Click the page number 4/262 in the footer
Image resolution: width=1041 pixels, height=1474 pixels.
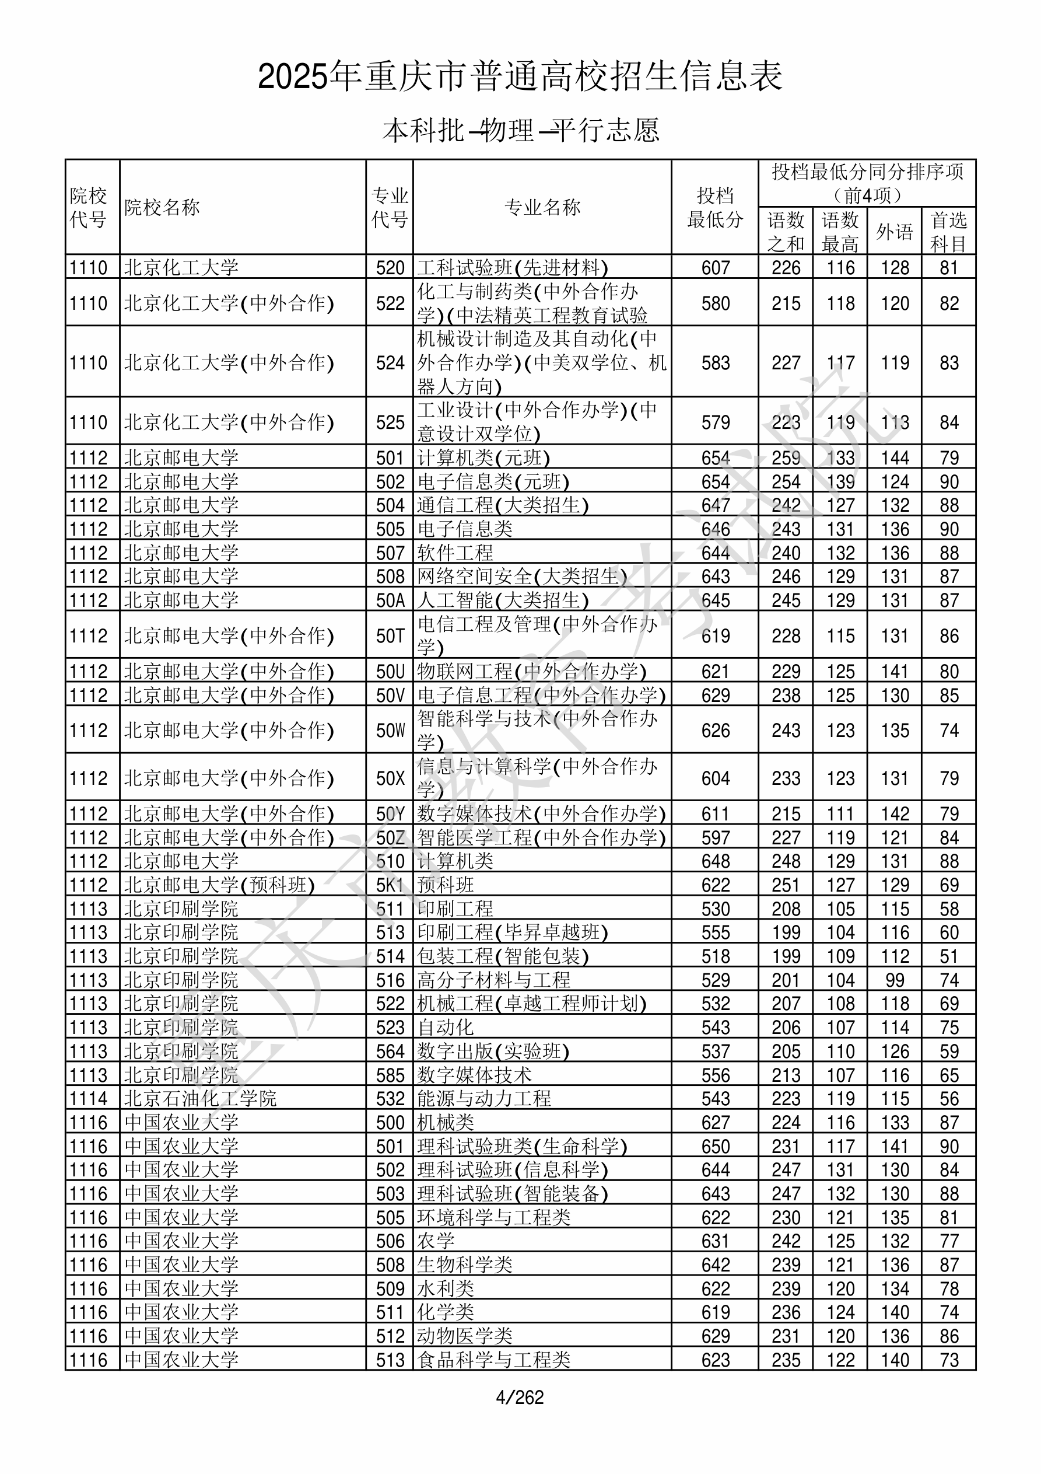pos(520,1397)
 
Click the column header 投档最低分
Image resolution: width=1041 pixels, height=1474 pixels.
pos(714,207)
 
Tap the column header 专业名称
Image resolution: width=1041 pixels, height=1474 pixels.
pos(542,207)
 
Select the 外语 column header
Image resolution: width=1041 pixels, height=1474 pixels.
pos(894,232)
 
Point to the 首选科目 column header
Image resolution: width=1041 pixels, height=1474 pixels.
pos(949,232)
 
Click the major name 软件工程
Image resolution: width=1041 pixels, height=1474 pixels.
pos(455,553)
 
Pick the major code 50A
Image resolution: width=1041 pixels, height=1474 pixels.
pos(390,600)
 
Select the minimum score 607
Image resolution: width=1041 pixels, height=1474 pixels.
pos(715,268)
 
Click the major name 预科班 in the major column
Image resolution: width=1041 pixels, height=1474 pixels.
pos(446,885)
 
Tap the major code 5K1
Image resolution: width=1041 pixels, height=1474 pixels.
pos(390,885)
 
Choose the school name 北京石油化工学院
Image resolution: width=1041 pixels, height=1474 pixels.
pos(200,1098)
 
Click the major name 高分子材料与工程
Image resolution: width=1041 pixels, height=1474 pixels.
pos(493,980)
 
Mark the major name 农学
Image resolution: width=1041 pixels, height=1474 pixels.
pos(436,1241)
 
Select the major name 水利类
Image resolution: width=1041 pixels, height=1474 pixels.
pos(446,1288)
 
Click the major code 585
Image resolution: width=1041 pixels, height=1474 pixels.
pos(390,1075)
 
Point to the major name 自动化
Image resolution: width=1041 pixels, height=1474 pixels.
pos(446,1028)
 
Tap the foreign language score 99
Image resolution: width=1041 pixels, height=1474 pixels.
pos(894,980)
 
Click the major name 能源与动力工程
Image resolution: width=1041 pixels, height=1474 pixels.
pos(484,1098)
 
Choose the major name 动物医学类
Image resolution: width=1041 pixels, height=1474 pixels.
pos(465,1336)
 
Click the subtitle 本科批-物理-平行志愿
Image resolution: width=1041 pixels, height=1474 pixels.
pos(520,130)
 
